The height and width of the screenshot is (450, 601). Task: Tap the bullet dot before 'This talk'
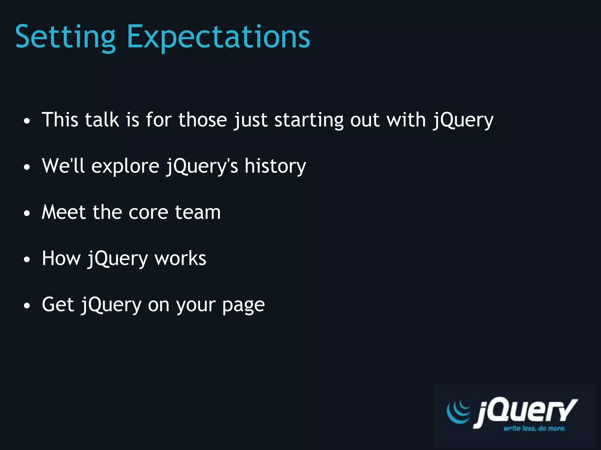pyautogui.click(x=27, y=121)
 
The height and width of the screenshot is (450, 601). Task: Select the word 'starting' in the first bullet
pyautogui.click(x=309, y=120)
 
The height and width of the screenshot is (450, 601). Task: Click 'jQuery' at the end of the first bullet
pyautogui.click(x=463, y=120)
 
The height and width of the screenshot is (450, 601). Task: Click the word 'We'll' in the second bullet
pyautogui.click(x=63, y=166)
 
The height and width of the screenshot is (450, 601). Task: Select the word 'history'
pyautogui.click(x=275, y=166)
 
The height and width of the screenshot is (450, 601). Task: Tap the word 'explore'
pyautogui.click(x=125, y=166)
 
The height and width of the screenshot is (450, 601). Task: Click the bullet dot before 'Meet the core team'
pyautogui.click(x=27, y=213)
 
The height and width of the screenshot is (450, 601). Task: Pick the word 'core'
pyautogui.click(x=148, y=212)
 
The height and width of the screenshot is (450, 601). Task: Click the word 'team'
pyautogui.click(x=197, y=212)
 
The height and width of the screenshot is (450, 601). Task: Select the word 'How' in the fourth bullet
pyautogui.click(x=61, y=258)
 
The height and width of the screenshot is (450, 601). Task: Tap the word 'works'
pyautogui.click(x=180, y=258)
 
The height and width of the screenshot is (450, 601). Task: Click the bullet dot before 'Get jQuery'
pyautogui.click(x=27, y=306)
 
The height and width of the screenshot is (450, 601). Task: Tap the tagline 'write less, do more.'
pyautogui.click(x=534, y=428)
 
